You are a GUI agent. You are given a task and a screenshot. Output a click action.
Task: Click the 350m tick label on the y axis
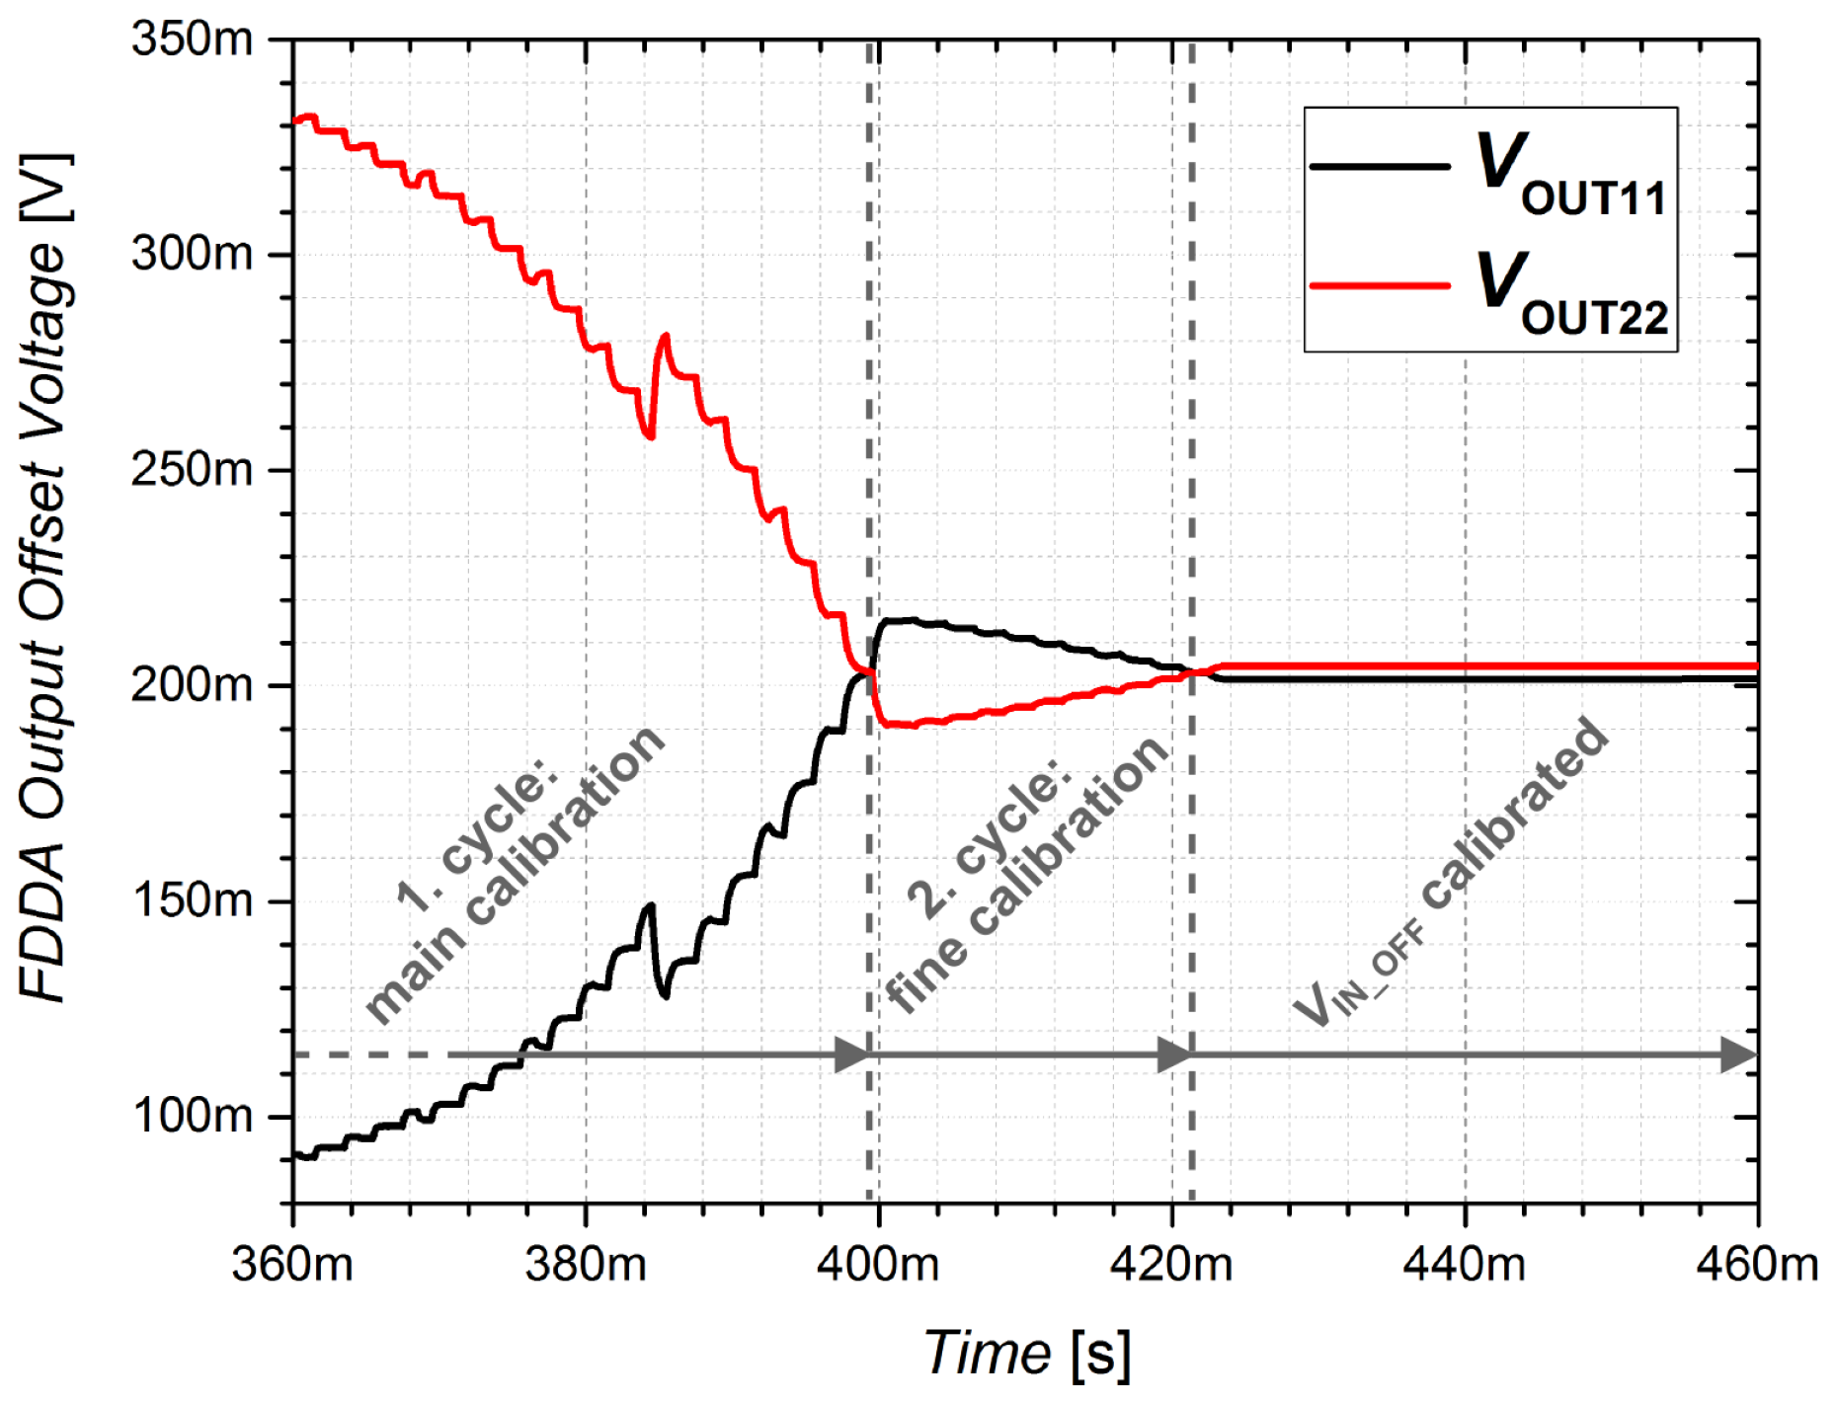pyautogui.click(x=192, y=39)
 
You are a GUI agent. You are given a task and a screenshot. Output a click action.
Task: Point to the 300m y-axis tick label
pyautogui.click(x=192, y=255)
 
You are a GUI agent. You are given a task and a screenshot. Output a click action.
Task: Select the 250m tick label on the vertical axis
pyautogui.click(x=192, y=470)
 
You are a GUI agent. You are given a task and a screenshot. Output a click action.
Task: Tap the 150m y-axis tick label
pyautogui.click(x=192, y=900)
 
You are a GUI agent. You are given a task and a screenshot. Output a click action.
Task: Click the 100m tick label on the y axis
pyautogui.click(x=192, y=1116)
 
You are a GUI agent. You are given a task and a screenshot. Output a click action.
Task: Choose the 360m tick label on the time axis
pyautogui.click(x=292, y=1265)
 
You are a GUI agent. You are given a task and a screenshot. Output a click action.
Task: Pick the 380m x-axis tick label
pyautogui.click(x=586, y=1265)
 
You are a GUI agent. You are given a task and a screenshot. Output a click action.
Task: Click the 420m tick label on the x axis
pyautogui.click(x=1171, y=1265)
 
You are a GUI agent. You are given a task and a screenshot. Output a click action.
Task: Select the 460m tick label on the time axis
pyautogui.click(x=1756, y=1265)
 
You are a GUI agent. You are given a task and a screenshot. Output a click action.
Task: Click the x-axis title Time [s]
pyautogui.click(x=1027, y=1353)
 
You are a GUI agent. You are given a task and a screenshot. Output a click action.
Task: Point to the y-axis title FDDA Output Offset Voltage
pyautogui.click(x=44, y=578)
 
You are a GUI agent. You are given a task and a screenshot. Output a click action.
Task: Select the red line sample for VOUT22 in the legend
pyautogui.click(x=1379, y=286)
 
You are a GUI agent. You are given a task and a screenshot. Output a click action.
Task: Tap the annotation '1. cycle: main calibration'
pyautogui.click(x=514, y=874)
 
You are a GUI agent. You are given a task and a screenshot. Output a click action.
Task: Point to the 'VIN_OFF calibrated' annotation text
pyautogui.click(x=1452, y=874)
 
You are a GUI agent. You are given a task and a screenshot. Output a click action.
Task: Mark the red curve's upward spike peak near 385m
pyautogui.click(x=665, y=336)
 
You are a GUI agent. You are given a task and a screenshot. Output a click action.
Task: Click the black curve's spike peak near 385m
pyautogui.click(x=650, y=904)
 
